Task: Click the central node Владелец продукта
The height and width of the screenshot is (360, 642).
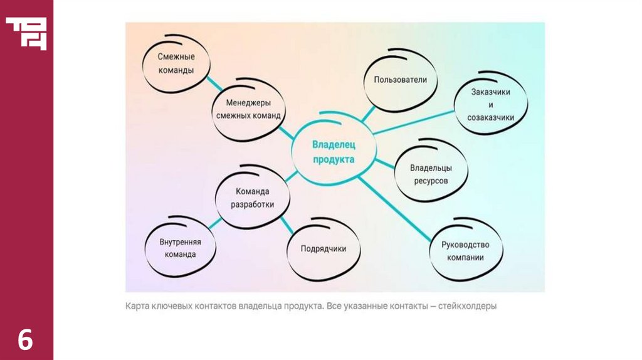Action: pyautogui.click(x=334, y=152)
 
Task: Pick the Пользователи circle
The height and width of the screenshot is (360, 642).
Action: pyautogui.click(x=400, y=80)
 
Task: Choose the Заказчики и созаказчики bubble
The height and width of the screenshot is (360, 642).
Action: pyautogui.click(x=490, y=104)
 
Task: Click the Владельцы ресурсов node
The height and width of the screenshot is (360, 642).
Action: pyautogui.click(x=431, y=174)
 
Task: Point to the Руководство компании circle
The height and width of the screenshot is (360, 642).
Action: pyautogui.click(x=465, y=251)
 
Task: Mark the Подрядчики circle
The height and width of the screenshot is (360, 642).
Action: pyautogui.click(x=323, y=248)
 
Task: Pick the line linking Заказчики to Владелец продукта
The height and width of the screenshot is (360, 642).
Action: pyautogui.click(x=414, y=122)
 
